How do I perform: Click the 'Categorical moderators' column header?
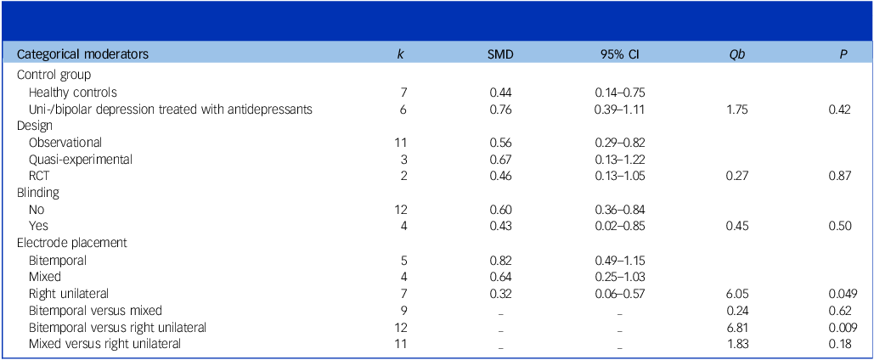click(83, 53)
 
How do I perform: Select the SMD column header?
click(500, 53)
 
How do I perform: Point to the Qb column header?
click(730, 53)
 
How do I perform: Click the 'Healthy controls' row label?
click(72, 92)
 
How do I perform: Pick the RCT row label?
click(39, 175)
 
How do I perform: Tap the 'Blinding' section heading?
click(41, 192)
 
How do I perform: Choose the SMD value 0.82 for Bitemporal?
click(500, 259)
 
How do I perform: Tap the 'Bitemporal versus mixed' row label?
click(94, 309)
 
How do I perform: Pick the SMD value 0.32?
click(500, 293)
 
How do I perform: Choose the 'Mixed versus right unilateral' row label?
click(104, 343)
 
